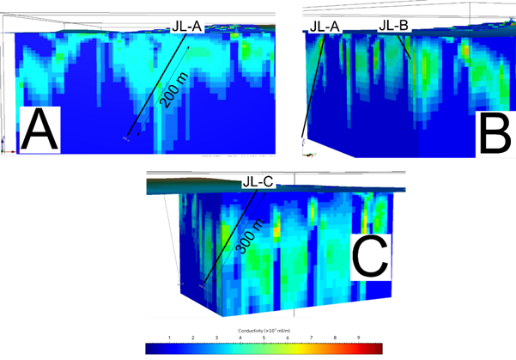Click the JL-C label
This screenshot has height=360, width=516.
pos(258,182)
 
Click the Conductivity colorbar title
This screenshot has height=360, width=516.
pos(264,330)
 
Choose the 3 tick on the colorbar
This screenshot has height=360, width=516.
pos(216,338)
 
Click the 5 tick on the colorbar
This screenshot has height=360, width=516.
pos(264,338)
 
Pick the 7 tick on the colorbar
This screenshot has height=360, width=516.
pos(310,338)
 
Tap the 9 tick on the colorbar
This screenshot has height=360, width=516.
pos(356,338)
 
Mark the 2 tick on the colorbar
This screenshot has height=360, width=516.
pos(193,338)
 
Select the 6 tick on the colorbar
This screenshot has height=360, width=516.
pos(287,338)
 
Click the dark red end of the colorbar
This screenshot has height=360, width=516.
pos(377,349)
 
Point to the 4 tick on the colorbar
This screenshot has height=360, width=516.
pos(240,338)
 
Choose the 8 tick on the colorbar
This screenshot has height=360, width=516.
pos(333,338)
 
